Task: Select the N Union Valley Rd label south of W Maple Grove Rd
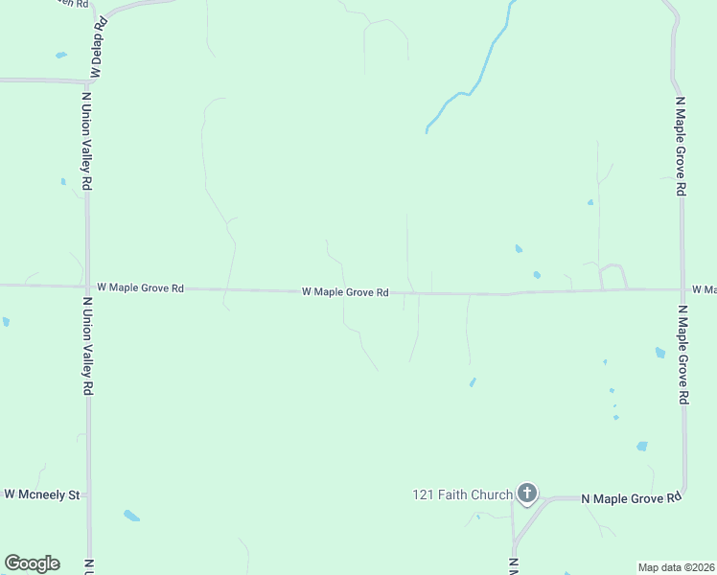tap(86, 345)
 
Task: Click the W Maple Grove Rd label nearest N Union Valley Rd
tap(140, 287)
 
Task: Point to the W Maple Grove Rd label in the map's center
tap(345, 291)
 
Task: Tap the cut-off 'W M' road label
tap(704, 289)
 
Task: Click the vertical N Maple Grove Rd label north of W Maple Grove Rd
tap(681, 146)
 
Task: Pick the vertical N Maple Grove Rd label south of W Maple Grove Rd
tap(682, 355)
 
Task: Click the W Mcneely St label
tap(42, 494)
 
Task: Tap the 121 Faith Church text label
tap(463, 494)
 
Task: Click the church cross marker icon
tap(526, 494)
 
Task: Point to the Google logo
tap(32, 563)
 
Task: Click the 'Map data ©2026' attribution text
tap(676, 567)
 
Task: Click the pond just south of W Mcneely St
tap(131, 516)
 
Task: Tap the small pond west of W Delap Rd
tap(61, 55)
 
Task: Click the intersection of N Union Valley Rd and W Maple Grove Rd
tap(87, 287)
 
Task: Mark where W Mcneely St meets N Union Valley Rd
tap(88, 495)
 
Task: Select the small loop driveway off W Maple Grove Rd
tap(613, 275)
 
